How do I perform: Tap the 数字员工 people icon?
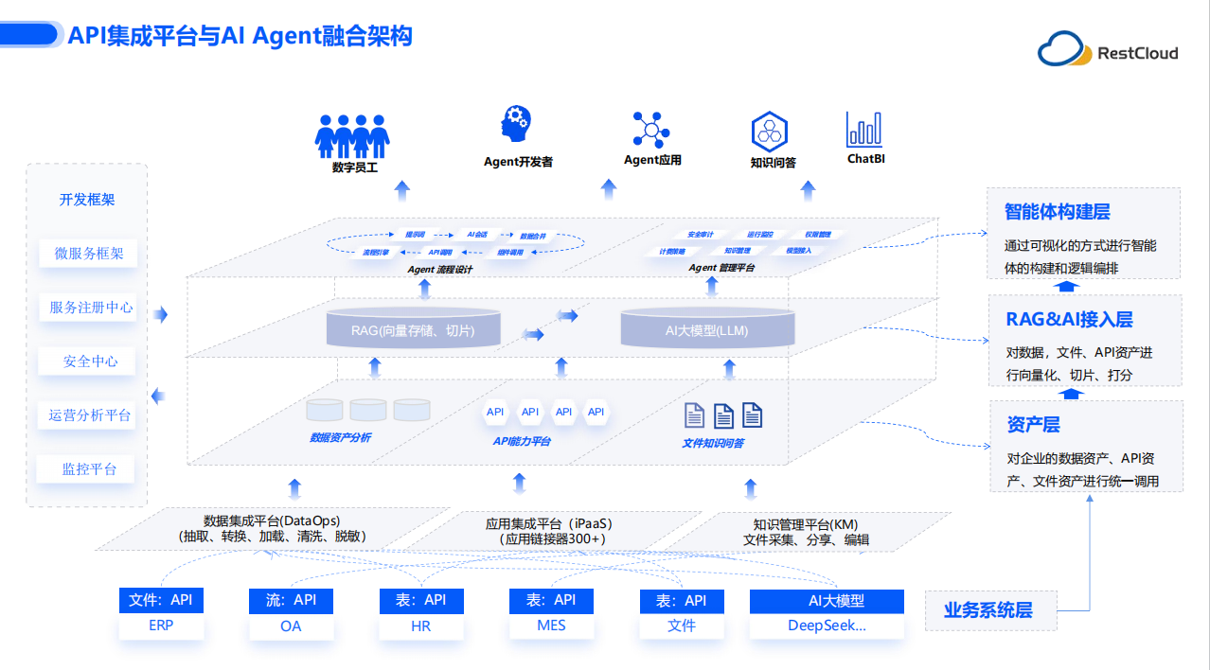click(352, 135)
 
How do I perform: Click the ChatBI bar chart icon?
click(863, 130)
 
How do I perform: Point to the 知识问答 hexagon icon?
click(770, 131)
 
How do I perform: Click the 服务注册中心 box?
click(91, 308)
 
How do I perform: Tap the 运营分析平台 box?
click(90, 415)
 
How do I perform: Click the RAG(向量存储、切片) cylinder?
click(413, 328)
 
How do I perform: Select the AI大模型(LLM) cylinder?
click(706, 328)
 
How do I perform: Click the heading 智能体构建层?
click(1057, 211)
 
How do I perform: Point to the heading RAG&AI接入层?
click(1069, 320)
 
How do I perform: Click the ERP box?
click(161, 626)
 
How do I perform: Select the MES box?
click(551, 626)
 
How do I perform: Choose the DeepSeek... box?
click(827, 626)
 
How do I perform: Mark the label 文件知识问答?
click(713, 442)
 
